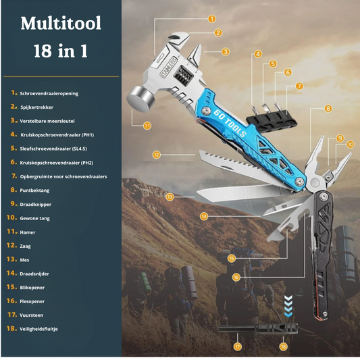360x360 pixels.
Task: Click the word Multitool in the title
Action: coord(61,23)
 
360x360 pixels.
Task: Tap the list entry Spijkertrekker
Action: coord(36,107)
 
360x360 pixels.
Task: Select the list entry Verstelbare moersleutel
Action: coord(47,121)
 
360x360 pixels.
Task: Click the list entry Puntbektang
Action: coord(34,190)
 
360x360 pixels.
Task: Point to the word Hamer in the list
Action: coord(28,232)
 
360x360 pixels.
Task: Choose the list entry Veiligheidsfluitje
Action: coord(38,329)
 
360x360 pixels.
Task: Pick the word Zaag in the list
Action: coord(25,246)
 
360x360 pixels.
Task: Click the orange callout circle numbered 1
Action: coord(211,19)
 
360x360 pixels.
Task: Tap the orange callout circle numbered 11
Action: coord(147,126)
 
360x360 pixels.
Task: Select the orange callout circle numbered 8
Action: coord(328,108)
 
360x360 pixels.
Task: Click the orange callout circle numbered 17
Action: coord(238,346)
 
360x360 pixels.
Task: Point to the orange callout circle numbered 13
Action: coord(170,197)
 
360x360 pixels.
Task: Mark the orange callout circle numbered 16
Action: coord(236,278)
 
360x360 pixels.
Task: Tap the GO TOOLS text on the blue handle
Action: coord(230,124)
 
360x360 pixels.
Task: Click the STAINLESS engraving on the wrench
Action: coord(169,68)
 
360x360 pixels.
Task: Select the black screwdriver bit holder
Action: coord(272,121)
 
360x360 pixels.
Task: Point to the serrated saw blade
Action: coord(239,168)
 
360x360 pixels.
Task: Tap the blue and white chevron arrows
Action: coord(288,306)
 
